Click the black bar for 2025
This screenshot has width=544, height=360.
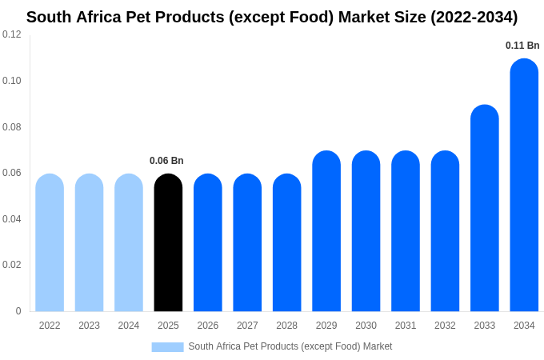pos(168,243)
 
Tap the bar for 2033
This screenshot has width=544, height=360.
pos(485,209)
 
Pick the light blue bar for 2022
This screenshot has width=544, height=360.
pos(50,243)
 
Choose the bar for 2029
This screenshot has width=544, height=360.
pos(326,232)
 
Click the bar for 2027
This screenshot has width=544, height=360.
pos(247,243)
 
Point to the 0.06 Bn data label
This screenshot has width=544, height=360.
pos(166,161)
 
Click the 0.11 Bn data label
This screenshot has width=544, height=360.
pos(522,46)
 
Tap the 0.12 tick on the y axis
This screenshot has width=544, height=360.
pos(12,34)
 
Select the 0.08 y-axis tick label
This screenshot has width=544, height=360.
pos(12,127)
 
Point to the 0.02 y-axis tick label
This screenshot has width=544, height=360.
pos(12,265)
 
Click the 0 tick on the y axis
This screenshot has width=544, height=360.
pos(18,311)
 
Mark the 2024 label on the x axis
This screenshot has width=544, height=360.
pos(129,326)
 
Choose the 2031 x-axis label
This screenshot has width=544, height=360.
pos(406,326)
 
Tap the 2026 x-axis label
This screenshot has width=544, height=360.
pos(208,326)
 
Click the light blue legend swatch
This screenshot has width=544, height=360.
pos(167,347)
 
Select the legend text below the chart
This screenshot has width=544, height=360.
pos(290,346)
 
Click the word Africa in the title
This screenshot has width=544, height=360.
pos(100,17)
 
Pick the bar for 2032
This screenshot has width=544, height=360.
pos(445,232)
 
